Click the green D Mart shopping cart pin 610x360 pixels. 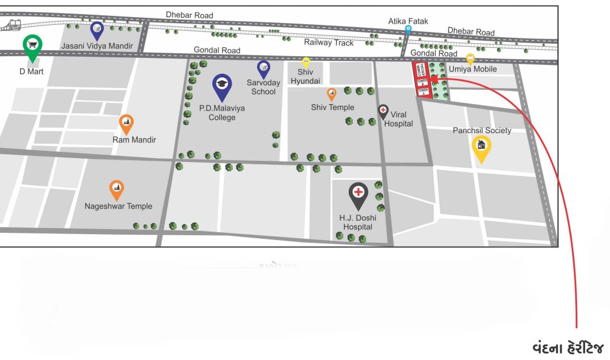pos(33,46)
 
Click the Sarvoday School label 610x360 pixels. pos(264,87)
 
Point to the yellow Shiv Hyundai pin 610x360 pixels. pos(306,61)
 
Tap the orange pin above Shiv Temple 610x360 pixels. pos(332,93)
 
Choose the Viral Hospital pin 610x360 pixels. pos(383,111)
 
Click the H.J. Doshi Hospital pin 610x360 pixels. pos(358,193)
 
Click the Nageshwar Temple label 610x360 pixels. pos(118,206)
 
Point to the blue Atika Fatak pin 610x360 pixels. pos(408,30)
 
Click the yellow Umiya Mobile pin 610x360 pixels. pos(471,59)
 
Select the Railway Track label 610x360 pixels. pos(329,43)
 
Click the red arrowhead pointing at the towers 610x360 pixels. pos(433,77)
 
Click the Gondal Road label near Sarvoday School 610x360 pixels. pos(217,50)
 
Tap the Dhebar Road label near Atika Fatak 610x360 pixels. pos(471,31)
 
